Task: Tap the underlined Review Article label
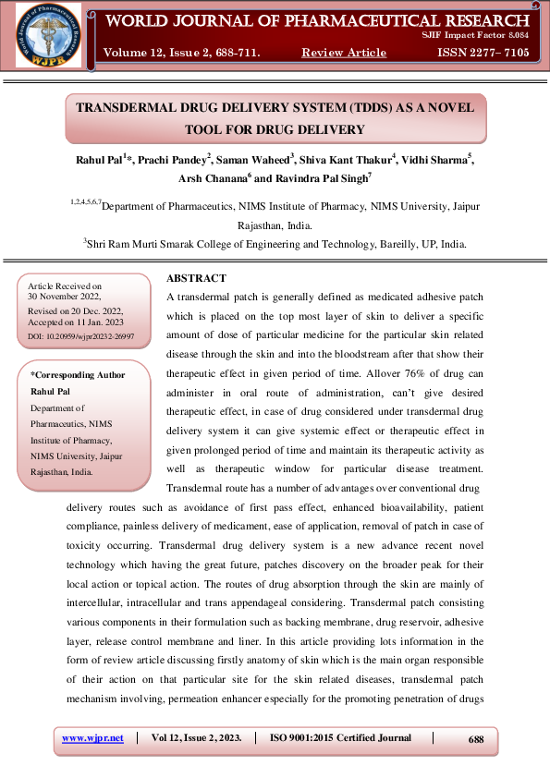tap(344, 53)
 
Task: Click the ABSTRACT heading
tap(196, 278)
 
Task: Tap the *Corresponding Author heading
tap(78, 375)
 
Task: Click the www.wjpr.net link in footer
tap(92, 738)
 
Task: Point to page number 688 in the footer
tap(476, 739)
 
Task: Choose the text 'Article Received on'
tap(65, 287)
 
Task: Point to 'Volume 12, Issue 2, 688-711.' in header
tap(183, 53)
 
